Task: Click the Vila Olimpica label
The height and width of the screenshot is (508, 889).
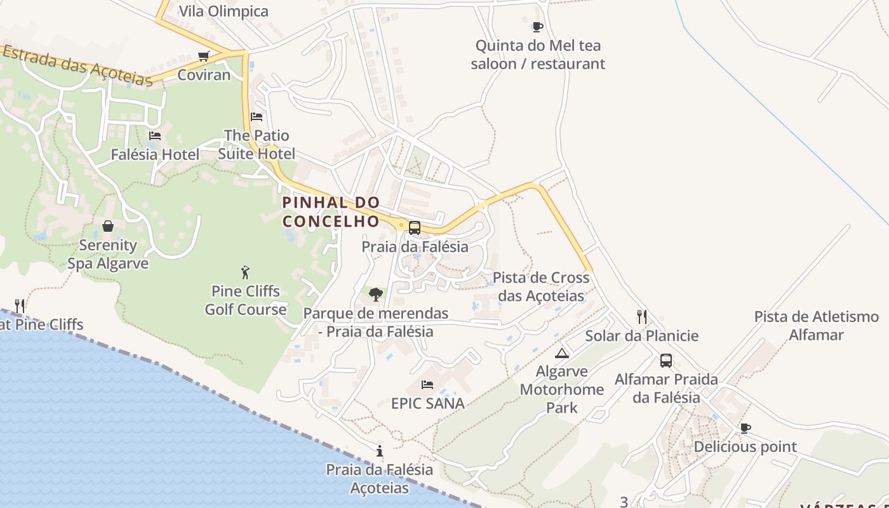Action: (224, 11)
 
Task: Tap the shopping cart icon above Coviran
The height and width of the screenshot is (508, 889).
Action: (204, 57)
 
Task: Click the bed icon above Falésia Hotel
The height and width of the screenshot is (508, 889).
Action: (155, 136)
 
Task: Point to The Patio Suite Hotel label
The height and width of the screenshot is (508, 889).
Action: (257, 145)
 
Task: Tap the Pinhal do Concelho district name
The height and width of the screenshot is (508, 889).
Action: (331, 212)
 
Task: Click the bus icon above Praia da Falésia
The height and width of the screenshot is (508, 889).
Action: (415, 228)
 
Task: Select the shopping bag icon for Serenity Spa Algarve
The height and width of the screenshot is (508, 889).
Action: (108, 226)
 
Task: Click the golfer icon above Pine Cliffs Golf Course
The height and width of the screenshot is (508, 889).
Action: (246, 273)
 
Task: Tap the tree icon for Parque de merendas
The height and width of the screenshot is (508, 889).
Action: (376, 295)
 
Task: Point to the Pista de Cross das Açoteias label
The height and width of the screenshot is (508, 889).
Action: (541, 287)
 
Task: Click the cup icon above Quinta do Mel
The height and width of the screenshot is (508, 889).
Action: (538, 27)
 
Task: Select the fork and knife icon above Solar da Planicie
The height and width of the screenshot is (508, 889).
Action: (642, 317)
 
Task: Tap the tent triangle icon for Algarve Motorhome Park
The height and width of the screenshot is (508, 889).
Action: (561, 353)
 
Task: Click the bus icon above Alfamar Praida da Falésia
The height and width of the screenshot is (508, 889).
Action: (666, 361)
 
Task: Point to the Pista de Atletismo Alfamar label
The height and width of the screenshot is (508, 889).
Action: (816, 326)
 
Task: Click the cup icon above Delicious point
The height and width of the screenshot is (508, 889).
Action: (745, 429)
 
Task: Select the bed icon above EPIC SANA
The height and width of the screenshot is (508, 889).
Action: (427, 385)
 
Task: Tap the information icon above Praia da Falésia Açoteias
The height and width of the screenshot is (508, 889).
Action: (380, 451)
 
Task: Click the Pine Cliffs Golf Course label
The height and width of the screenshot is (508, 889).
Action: (245, 300)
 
